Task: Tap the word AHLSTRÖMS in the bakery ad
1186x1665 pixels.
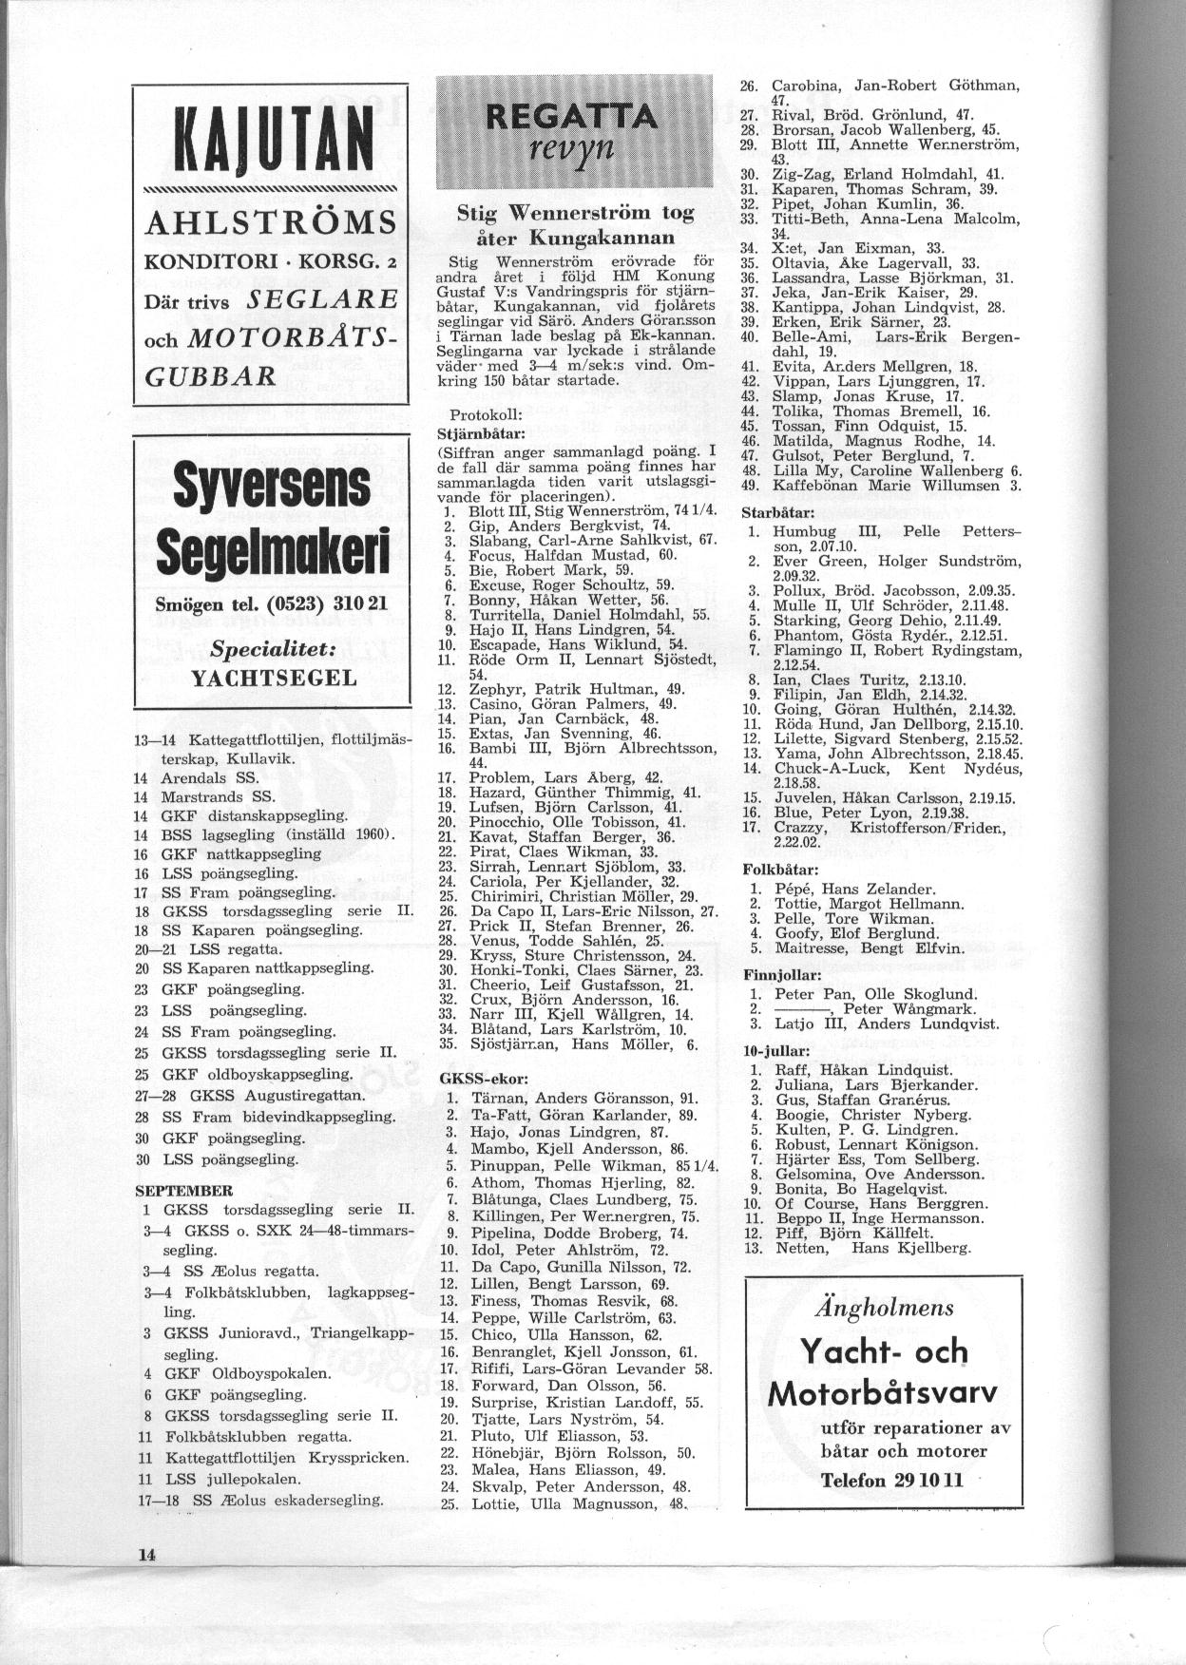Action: (270, 224)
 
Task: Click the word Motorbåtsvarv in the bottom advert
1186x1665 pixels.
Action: (883, 1394)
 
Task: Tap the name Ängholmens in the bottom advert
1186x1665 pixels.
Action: (884, 1308)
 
